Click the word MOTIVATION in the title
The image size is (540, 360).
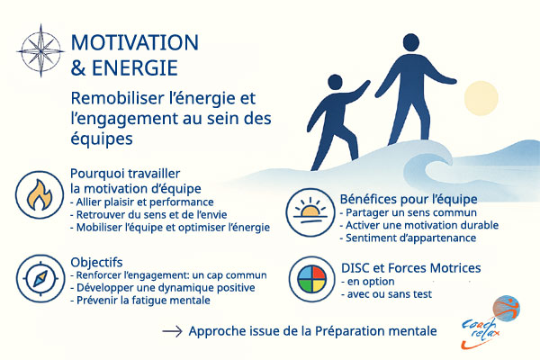click(x=134, y=43)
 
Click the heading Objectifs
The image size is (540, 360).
click(x=99, y=261)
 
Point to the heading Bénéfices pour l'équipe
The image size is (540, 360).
click(x=395, y=198)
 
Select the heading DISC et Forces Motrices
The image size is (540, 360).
click(x=410, y=267)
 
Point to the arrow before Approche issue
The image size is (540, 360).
click(x=172, y=332)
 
